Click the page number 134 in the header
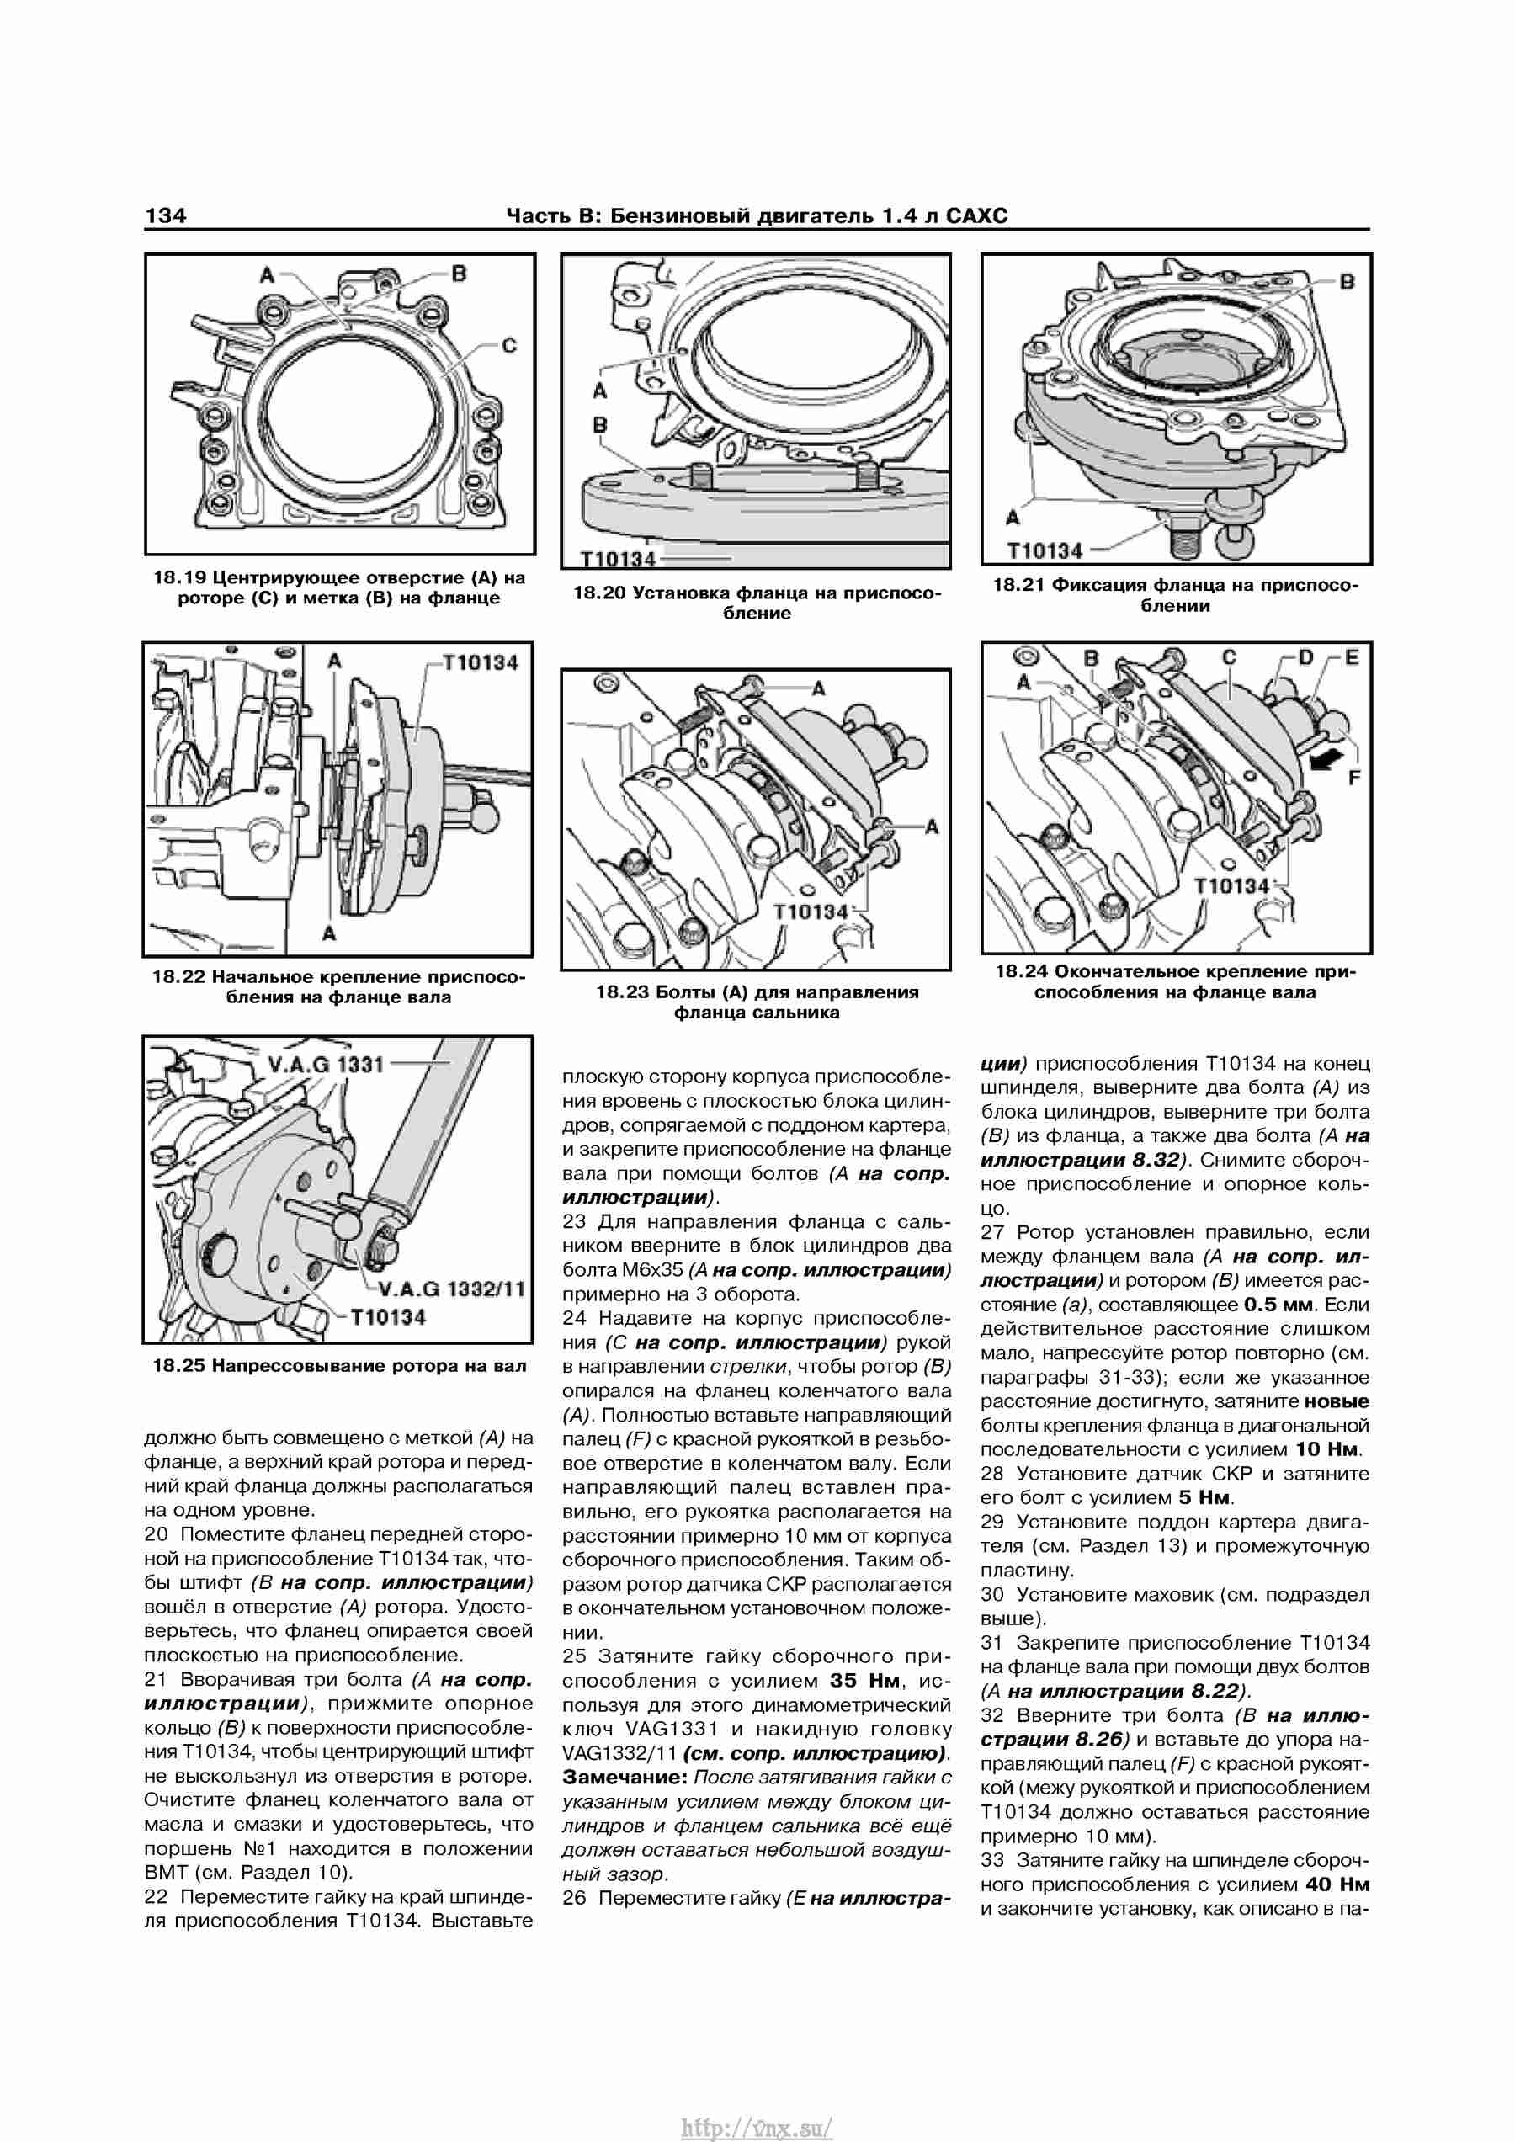click(165, 215)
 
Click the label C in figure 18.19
click(509, 345)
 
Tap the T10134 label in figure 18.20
click(619, 559)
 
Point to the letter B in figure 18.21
click(1346, 281)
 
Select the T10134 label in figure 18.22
click(481, 662)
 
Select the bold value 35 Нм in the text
click(864, 1680)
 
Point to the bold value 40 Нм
click(1337, 1884)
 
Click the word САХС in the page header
click(976, 215)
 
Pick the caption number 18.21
click(1018, 585)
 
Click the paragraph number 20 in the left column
click(156, 1533)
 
